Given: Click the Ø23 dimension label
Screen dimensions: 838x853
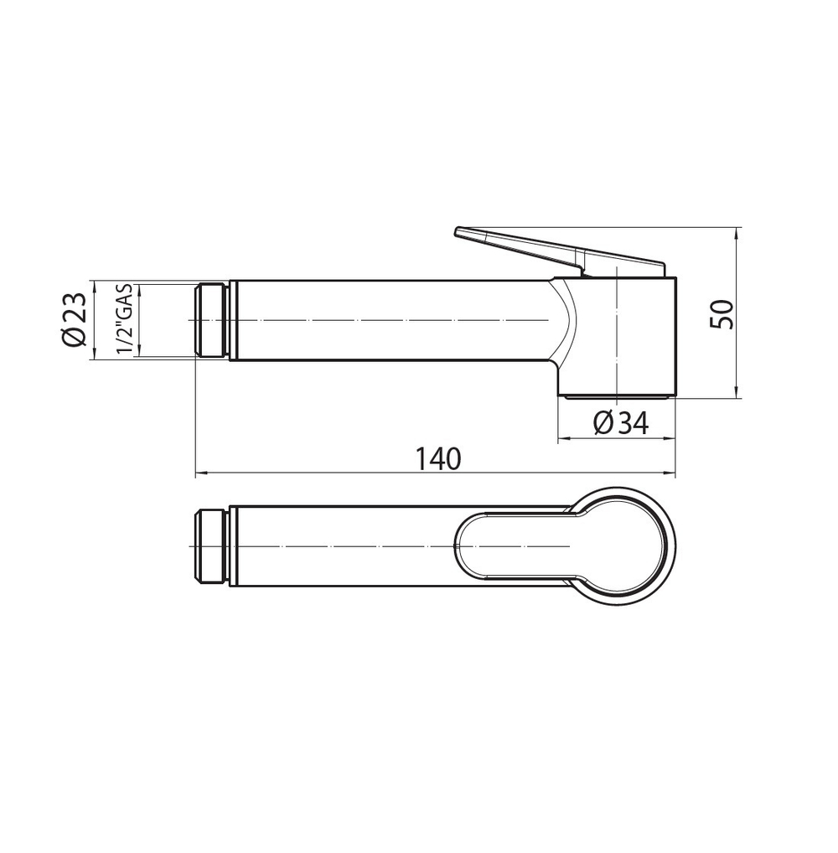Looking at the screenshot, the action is pyautogui.click(x=74, y=319).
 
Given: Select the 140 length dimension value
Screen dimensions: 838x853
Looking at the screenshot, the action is pyautogui.click(x=438, y=458).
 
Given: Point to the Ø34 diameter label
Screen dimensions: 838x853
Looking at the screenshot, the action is pyautogui.click(x=621, y=422).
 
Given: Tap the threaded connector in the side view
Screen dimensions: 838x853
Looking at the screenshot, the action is pyautogui.click(x=210, y=320).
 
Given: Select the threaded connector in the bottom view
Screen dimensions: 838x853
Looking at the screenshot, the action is pyautogui.click(x=210, y=546).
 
